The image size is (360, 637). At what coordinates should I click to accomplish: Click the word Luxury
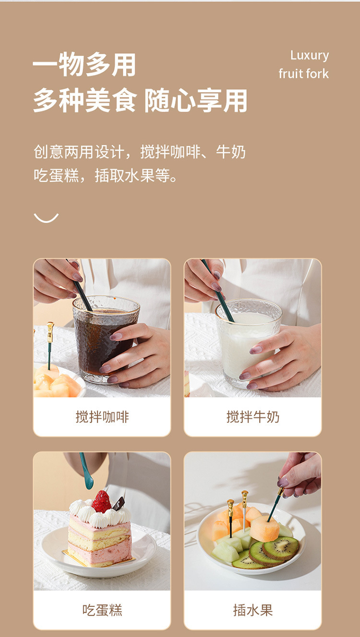click(309, 56)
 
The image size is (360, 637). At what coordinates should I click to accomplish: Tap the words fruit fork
click(304, 74)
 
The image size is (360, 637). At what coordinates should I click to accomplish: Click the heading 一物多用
click(84, 65)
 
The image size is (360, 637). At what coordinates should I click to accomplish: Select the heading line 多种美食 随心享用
click(140, 100)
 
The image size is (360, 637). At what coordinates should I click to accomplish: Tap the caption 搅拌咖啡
click(102, 417)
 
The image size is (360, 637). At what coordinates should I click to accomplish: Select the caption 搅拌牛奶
click(252, 417)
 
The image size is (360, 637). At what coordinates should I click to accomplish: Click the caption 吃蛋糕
click(102, 610)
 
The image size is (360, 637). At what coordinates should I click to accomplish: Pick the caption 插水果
click(252, 610)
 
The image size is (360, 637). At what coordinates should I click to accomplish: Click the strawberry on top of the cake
click(102, 502)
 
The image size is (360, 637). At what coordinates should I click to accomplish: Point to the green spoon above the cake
click(86, 471)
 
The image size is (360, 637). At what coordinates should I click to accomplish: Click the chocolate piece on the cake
click(119, 503)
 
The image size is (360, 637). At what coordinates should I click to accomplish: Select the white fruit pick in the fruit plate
click(244, 511)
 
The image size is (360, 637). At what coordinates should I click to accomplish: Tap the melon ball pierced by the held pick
click(264, 529)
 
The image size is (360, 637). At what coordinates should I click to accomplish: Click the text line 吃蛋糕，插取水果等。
click(105, 175)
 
